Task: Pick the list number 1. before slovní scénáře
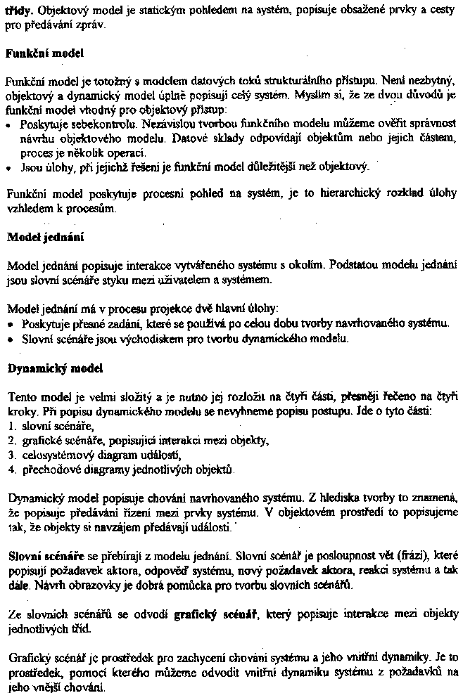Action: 11,426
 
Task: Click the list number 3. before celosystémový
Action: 11,454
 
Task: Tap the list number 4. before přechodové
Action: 11,468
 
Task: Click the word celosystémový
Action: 56,454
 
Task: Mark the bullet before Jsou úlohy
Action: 8,167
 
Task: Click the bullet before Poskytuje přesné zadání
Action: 8,324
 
